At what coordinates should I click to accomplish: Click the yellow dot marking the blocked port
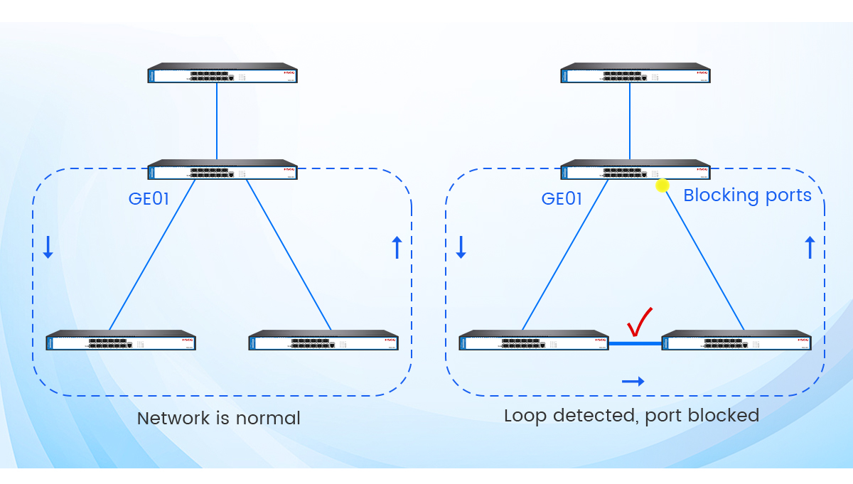click(x=662, y=185)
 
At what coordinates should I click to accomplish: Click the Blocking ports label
click(x=747, y=195)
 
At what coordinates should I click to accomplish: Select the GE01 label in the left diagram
click(x=149, y=199)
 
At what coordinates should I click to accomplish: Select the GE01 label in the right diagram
click(x=562, y=199)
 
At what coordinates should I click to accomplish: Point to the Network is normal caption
click(x=218, y=418)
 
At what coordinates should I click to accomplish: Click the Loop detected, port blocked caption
click(x=631, y=415)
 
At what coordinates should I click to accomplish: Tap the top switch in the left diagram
click(x=222, y=73)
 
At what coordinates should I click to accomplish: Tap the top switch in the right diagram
click(x=635, y=73)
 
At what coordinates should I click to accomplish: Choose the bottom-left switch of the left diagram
click(x=121, y=340)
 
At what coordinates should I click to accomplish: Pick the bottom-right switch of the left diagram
click(x=323, y=340)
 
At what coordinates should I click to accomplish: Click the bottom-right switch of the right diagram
click(x=736, y=340)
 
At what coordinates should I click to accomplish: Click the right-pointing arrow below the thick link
click(x=633, y=382)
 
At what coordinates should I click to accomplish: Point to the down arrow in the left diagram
click(x=48, y=247)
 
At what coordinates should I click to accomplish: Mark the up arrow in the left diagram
click(x=397, y=247)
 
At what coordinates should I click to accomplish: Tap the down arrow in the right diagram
click(x=461, y=247)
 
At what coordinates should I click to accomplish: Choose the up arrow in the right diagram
click(x=809, y=247)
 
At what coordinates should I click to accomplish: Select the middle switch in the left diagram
click(x=222, y=170)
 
